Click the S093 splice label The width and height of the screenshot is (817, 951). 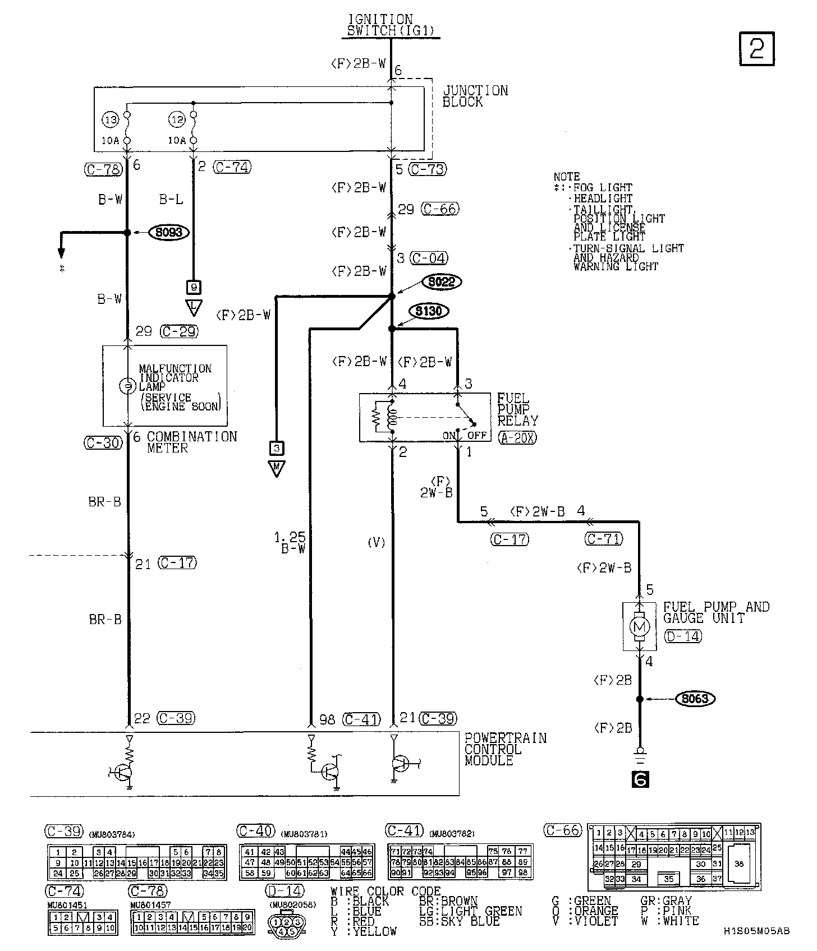pos(168,232)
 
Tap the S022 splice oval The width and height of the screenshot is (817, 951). pos(441,282)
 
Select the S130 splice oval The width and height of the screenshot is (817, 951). pos(429,311)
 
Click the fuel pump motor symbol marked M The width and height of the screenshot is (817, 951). pos(640,626)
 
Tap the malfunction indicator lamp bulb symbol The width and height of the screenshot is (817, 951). pos(127,386)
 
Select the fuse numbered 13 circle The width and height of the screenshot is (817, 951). pos(112,119)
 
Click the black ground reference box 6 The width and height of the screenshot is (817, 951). pos(640,779)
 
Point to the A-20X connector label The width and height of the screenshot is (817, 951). pos(517,437)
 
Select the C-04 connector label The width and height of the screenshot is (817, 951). pos(429,258)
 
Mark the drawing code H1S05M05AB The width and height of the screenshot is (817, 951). pos(756,931)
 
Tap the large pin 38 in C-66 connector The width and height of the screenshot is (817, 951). pos(738,864)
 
